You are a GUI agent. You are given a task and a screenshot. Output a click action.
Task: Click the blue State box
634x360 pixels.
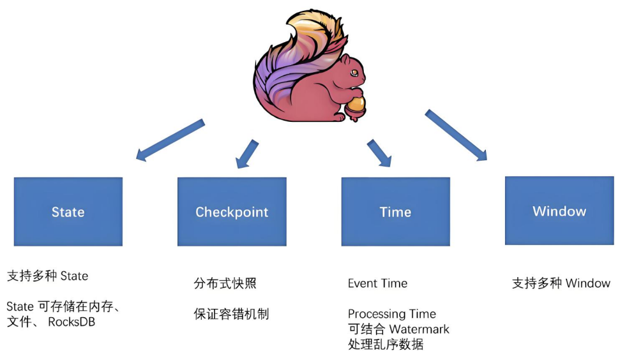(68, 211)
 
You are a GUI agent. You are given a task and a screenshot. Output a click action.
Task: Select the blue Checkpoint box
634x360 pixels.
(232, 211)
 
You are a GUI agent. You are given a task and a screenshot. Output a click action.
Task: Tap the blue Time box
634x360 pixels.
(395, 211)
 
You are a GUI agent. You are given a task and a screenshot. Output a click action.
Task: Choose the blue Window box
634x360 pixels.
(559, 210)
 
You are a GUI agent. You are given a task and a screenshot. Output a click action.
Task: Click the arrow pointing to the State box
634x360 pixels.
(170, 140)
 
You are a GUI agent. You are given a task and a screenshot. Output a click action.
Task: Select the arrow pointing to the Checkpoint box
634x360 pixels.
(247, 154)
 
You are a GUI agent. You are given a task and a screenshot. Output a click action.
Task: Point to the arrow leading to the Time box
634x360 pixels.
(379, 153)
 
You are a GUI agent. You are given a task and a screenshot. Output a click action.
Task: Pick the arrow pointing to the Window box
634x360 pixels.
(456, 135)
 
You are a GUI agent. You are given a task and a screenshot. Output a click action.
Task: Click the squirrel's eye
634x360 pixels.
(354, 73)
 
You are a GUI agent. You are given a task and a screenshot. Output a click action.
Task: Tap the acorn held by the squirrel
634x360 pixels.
(356, 107)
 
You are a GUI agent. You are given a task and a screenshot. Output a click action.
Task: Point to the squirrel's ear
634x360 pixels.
(344, 60)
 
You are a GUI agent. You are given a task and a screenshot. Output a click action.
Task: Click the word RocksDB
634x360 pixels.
(72, 322)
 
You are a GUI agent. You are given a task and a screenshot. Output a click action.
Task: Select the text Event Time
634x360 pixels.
(377, 283)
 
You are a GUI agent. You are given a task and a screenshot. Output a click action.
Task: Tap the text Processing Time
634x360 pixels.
(392, 314)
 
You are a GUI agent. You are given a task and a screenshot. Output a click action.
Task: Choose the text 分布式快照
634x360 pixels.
(225, 283)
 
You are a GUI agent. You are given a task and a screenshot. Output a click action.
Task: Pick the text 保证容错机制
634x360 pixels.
(231, 314)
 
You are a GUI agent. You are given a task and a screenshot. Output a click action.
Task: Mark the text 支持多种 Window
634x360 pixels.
(561, 283)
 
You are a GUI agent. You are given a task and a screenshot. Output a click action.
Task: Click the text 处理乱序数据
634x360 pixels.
(386, 344)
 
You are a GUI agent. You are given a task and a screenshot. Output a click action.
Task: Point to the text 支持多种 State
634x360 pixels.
(48, 276)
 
